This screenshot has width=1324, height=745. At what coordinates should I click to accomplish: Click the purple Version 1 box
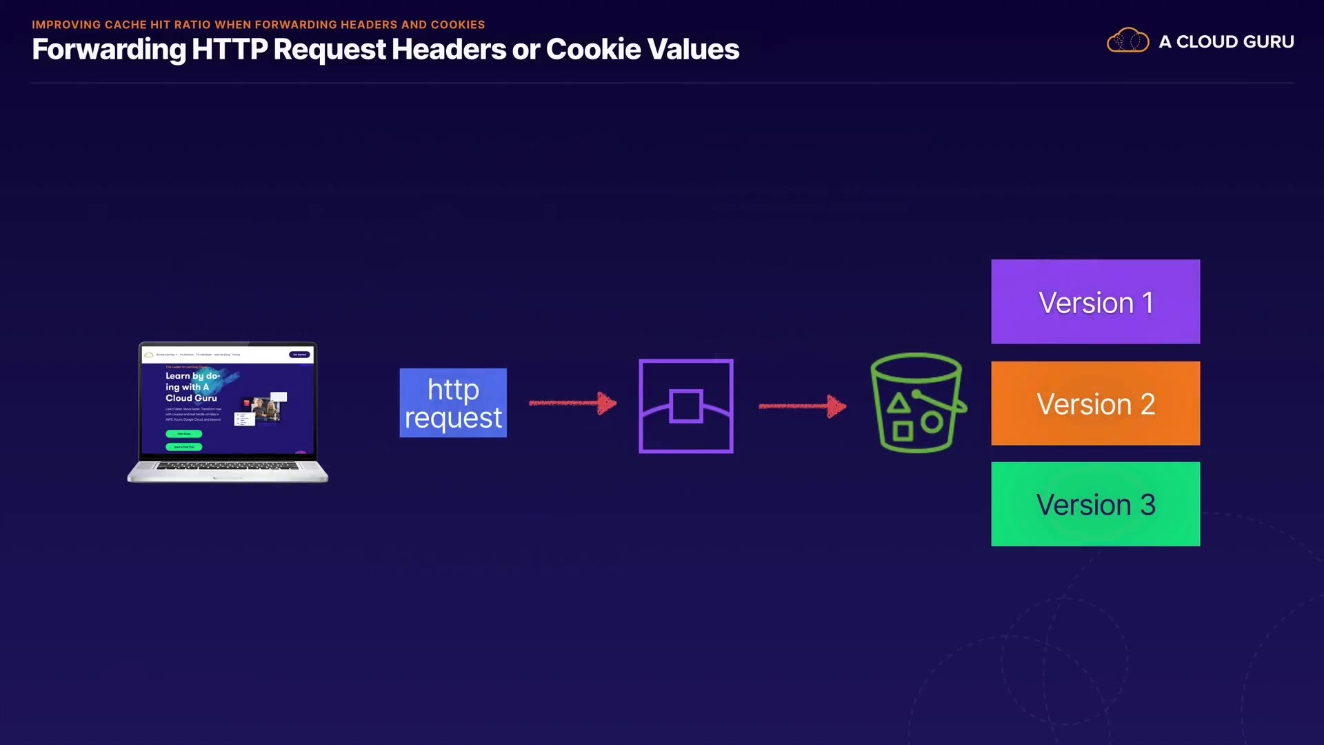click(1095, 301)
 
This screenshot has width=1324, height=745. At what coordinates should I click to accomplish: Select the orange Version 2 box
click(1095, 404)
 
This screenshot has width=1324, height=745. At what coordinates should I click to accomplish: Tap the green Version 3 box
click(1095, 504)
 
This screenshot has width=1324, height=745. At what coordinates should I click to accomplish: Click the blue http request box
click(453, 403)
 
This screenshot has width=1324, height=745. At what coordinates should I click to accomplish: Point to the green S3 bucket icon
click(916, 404)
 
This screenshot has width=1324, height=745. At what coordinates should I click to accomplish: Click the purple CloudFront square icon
click(685, 406)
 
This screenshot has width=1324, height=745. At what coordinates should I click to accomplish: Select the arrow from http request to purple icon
click(572, 403)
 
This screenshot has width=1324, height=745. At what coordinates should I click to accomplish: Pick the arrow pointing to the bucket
click(802, 406)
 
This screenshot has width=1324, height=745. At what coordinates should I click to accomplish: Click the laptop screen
click(228, 400)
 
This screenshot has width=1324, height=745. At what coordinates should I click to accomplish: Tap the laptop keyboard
click(228, 467)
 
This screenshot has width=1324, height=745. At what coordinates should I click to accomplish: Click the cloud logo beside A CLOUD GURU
click(1127, 41)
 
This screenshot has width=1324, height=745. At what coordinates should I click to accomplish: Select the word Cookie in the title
click(594, 50)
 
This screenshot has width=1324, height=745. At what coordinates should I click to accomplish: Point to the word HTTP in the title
click(230, 50)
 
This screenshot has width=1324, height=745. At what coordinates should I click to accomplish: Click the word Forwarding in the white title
click(108, 50)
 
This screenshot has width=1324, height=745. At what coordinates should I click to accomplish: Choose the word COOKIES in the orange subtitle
click(458, 25)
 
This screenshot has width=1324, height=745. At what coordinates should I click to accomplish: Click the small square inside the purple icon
click(685, 406)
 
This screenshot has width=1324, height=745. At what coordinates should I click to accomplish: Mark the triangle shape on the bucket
click(898, 403)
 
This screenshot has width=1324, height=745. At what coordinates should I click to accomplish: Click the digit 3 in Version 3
click(1147, 505)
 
